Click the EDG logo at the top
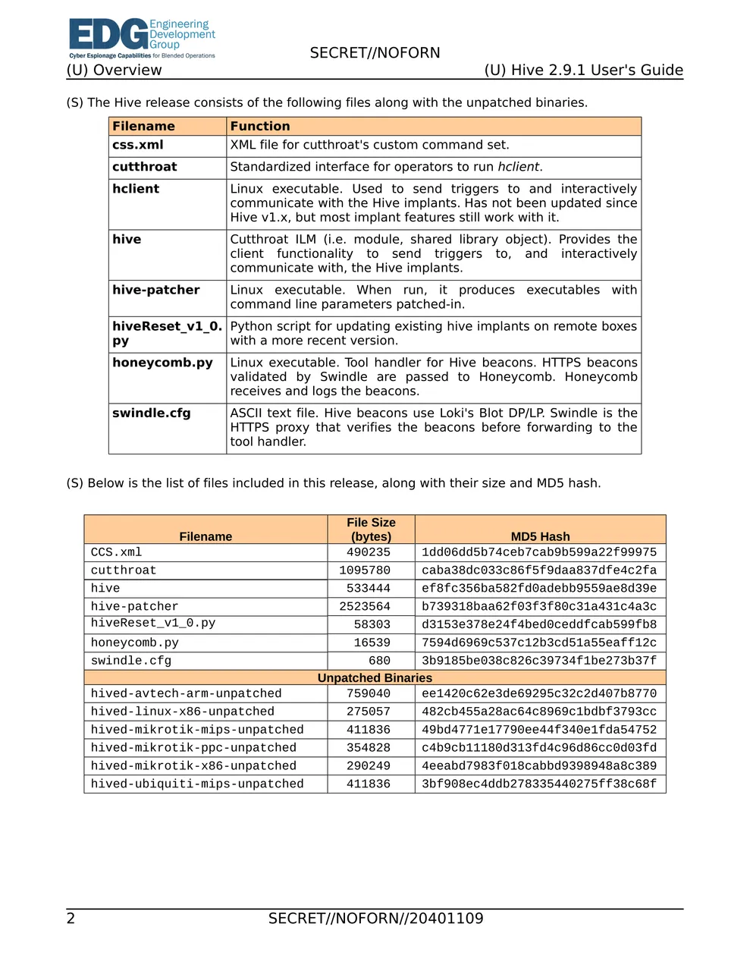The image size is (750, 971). coord(142,38)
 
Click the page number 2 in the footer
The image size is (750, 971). coord(71,919)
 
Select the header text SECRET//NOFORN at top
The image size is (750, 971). coord(375,53)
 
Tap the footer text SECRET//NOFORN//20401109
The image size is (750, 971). coord(375,919)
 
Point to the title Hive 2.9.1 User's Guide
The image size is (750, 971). coord(583,71)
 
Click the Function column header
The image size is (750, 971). coord(260,127)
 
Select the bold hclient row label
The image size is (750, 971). coord(136,189)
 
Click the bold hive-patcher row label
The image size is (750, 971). coord(156,290)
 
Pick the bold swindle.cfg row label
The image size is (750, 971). coord(152,413)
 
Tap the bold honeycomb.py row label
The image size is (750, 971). coord(162,363)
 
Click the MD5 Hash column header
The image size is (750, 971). coord(540,536)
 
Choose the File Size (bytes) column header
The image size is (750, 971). coord(371,529)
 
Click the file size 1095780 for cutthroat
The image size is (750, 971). coord(365,570)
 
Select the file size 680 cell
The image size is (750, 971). coord(379,661)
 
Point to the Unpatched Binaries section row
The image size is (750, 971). coord(375,678)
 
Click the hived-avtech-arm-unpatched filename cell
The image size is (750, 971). coord(186,693)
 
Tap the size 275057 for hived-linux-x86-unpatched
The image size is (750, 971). coord(369,712)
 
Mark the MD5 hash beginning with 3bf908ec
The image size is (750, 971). coord(539,784)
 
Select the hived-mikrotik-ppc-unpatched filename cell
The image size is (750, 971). coord(193,748)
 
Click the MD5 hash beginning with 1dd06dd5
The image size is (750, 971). coord(539,552)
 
